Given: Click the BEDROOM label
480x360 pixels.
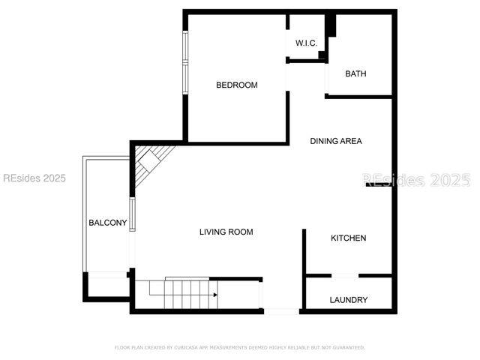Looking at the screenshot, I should click(x=236, y=85).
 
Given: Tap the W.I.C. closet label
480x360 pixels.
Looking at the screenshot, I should click(x=305, y=43).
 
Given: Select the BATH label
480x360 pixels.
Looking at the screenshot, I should click(x=355, y=73).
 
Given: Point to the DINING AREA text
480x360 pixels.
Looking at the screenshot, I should click(x=336, y=141).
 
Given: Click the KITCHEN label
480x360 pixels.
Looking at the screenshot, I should click(x=349, y=238).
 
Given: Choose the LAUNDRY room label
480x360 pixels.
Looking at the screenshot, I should click(x=349, y=300).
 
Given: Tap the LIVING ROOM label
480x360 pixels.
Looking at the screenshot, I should click(x=226, y=232).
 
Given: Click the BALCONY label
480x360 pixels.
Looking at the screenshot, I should click(x=108, y=223).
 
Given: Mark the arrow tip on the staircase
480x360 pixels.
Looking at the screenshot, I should click(x=216, y=295).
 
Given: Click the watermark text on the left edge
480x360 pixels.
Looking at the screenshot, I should click(x=34, y=178).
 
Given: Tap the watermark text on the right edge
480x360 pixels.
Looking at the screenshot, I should click(x=416, y=180).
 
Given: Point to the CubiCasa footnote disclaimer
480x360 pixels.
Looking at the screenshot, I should click(x=240, y=347).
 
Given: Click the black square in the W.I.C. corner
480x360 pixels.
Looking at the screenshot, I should click(x=322, y=55).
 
